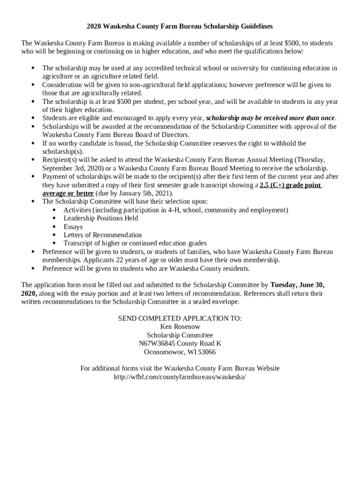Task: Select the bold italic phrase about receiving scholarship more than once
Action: point(271,118)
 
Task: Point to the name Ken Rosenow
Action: point(180,327)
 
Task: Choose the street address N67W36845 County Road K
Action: point(180,343)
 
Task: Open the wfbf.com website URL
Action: point(180,377)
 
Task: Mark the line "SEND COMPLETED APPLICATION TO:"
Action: point(180,318)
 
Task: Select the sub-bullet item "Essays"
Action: point(73,227)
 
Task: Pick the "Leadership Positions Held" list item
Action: point(101,218)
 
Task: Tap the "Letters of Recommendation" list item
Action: point(102,235)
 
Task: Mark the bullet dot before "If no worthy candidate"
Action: point(33,143)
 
